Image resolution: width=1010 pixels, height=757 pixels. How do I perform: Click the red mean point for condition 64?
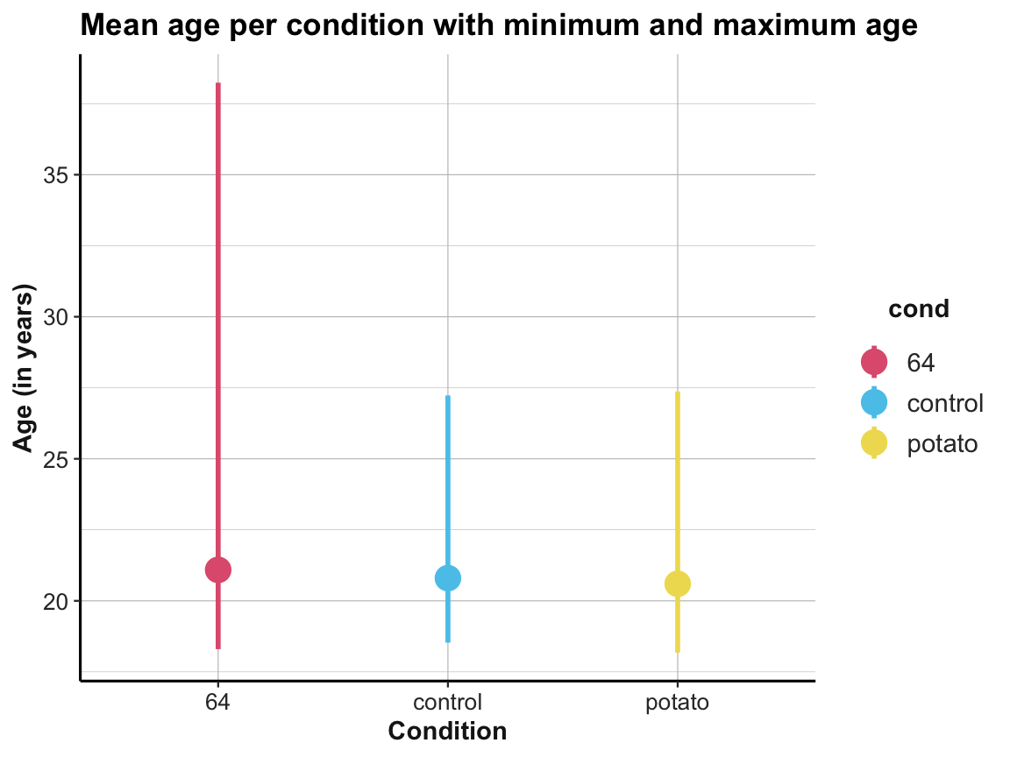click(217, 570)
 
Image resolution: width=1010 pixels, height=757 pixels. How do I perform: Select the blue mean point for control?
click(448, 578)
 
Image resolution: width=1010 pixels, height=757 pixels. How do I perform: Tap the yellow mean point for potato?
click(678, 584)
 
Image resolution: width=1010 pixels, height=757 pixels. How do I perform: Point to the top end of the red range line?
click(217, 84)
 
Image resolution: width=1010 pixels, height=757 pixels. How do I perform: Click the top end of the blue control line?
click(448, 397)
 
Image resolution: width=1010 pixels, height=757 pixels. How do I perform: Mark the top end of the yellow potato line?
click(678, 393)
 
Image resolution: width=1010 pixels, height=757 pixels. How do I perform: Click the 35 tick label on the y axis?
click(56, 174)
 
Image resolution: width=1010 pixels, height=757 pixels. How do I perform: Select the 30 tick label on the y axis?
click(56, 316)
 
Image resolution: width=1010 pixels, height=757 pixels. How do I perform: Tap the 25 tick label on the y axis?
click(56, 458)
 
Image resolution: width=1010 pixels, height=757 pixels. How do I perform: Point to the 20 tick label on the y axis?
click(56, 601)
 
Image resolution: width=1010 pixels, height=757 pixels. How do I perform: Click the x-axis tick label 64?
click(217, 703)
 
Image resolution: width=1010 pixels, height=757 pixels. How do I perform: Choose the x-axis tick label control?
click(448, 703)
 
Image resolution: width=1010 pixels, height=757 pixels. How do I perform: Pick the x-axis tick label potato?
click(678, 703)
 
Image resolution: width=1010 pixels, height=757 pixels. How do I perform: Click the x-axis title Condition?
click(447, 731)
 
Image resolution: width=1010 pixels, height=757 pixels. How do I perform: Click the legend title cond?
click(919, 309)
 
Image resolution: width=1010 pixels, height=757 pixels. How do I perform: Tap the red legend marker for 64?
click(874, 361)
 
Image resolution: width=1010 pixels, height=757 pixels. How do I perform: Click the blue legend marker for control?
click(874, 402)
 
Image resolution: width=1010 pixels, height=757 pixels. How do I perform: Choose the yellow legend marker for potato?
click(874, 444)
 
